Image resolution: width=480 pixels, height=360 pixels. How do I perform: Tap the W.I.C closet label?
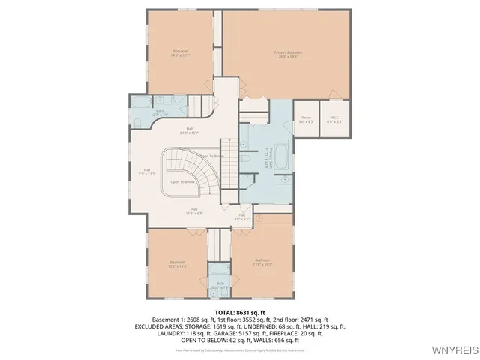pos(334,119)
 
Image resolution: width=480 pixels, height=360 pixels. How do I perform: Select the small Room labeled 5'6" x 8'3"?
pos(306,119)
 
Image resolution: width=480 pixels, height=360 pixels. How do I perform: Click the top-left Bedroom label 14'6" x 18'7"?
pos(180,53)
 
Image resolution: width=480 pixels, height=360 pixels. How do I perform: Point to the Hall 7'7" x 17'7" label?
pos(147,172)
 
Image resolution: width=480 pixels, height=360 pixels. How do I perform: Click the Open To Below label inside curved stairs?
pos(184,181)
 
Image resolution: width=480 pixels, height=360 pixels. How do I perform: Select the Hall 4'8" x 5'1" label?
pos(242,217)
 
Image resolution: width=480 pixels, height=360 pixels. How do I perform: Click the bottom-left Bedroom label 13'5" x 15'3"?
pos(177,264)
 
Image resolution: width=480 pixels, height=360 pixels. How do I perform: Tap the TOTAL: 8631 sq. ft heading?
pos(240,312)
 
